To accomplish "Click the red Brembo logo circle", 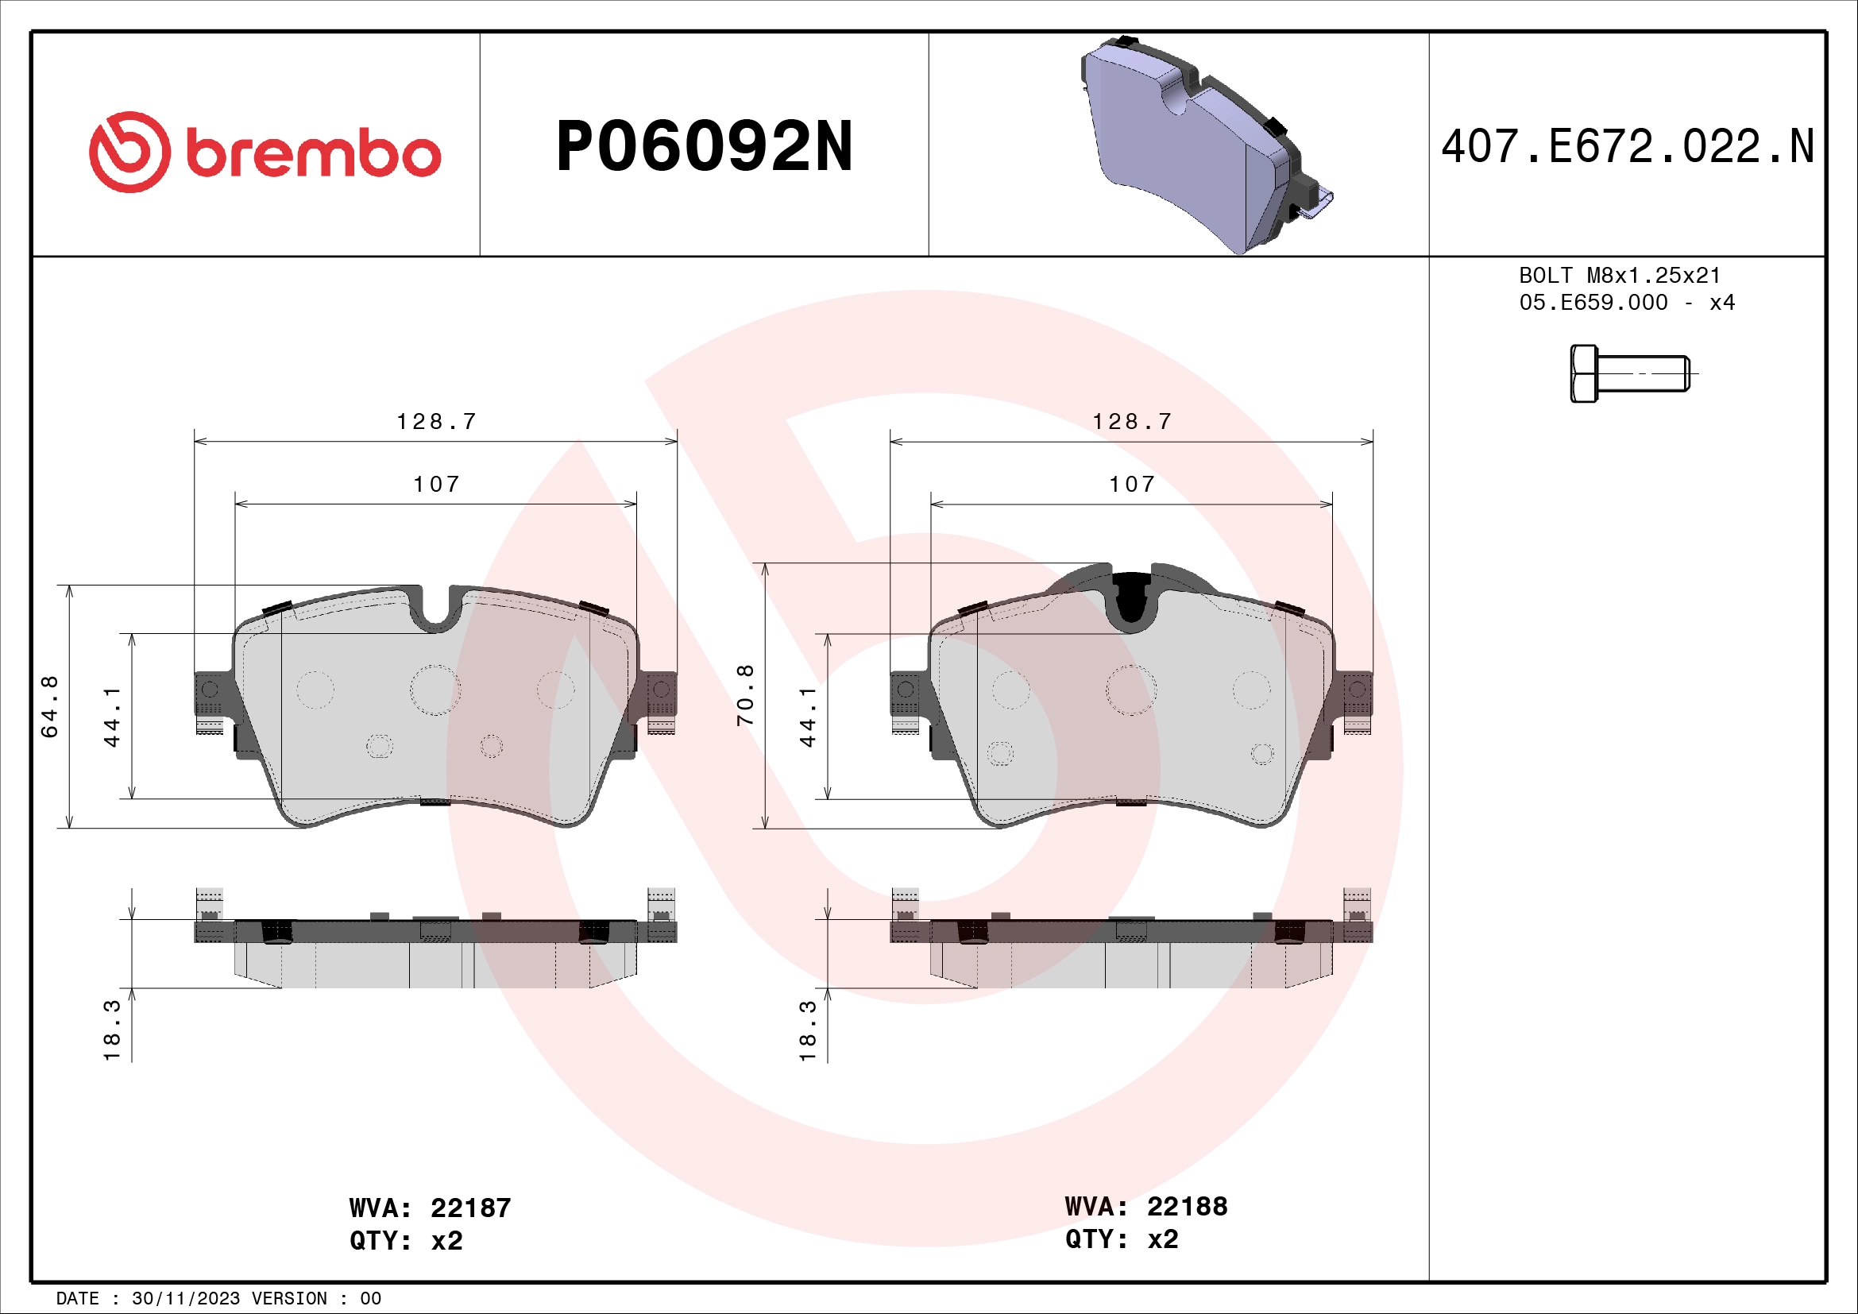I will pyautogui.click(x=129, y=151).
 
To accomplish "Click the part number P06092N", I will pyautogui.click(x=704, y=147).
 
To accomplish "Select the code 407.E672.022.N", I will pyautogui.click(x=1628, y=147).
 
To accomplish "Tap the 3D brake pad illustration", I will pyautogui.click(x=1198, y=145).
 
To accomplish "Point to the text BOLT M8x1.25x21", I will pyautogui.click(x=1619, y=276).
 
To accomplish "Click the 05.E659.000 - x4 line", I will pyautogui.click(x=1627, y=303).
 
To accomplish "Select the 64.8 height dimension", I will pyautogui.click(x=50, y=706).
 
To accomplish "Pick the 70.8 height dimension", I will pyautogui.click(x=745, y=695).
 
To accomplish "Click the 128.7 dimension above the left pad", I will pyautogui.click(x=436, y=422).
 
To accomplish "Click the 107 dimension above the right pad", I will pyautogui.click(x=1131, y=485).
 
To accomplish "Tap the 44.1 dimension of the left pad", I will pyautogui.click(x=112, y=717).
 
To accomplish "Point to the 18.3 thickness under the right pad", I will pyautogui.click(x=808, y=1030).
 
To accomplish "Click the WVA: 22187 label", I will pyautogui.click(x=430, y=1208).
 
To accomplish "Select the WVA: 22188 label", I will pyautogui.click(x=1146, y=1207).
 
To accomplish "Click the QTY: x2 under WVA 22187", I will pyautogui.click(x=405, y=1240).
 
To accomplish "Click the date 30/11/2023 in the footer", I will pyautogui.click(x=185, y=1299).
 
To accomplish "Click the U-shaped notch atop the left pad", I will pyautogui.click(x=437, y=611).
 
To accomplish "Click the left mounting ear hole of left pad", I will pyautogui.click(x=210, y=690).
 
